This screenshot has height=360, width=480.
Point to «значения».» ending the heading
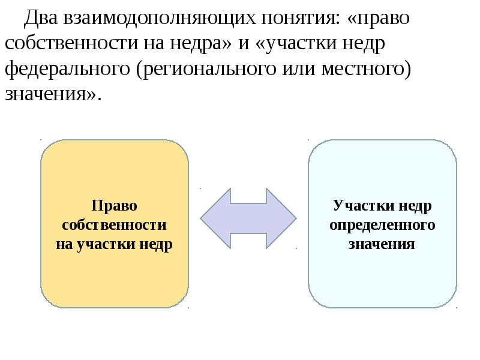[x=52, y=95]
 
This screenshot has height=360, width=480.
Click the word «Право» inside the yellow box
[x=115, y=206]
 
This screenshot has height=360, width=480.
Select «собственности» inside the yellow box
[x=115, y=225]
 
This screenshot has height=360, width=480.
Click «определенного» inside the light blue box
[x=382, y=225]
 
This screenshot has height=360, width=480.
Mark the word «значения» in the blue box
[x=382, y=244]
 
